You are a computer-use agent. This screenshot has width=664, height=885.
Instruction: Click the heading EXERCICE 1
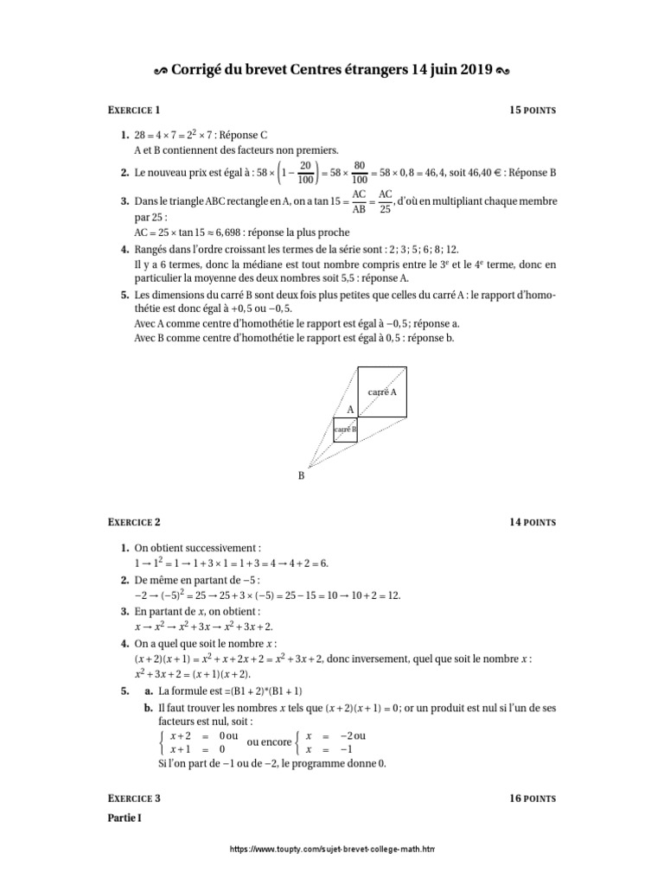tap(134, 111)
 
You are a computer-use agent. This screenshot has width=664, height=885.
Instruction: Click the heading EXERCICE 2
tap(134, 522)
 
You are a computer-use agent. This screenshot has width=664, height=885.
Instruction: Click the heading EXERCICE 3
tap(134, 799)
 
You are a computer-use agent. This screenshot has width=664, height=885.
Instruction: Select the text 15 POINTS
tap(533, 111)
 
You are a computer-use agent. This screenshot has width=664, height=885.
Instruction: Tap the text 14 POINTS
tap(533, 522)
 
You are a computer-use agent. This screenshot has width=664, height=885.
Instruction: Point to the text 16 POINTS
tap(533, 799)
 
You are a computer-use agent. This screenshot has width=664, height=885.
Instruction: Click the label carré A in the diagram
tap(382, 392)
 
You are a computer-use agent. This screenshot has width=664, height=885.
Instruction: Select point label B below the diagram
tap(302, 475)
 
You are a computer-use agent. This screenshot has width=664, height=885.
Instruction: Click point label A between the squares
tap(351, 408)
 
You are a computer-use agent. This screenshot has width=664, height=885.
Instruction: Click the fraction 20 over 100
tap(305, 172)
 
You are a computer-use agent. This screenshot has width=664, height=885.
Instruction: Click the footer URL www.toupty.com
tap(332, 850)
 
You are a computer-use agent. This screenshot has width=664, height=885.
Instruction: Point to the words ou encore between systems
tap(269, 742)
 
